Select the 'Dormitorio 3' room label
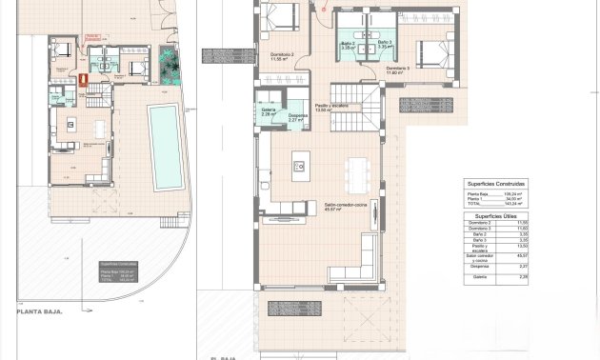click(398, 69)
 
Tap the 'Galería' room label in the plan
click(270, 110)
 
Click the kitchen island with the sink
click(299, 164)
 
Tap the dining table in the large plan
click(357, 172)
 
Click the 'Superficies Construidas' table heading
click(495, 183)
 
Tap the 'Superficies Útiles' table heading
click(495, 217)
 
